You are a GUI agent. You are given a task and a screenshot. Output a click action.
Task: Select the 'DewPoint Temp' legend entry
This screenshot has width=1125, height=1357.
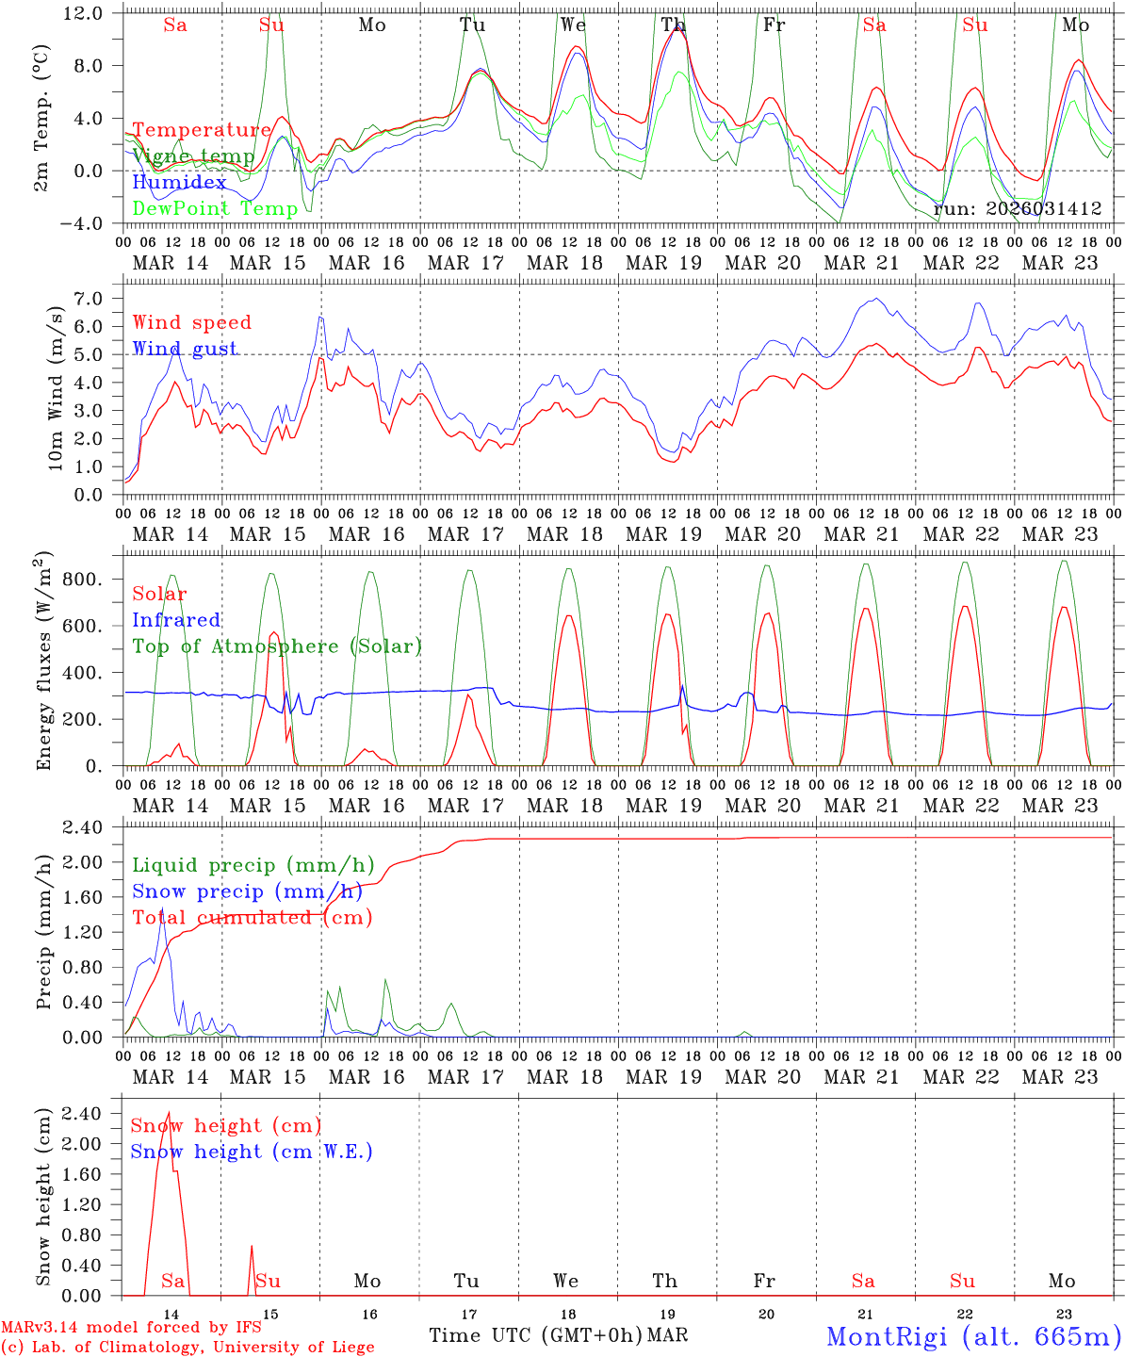pyautogui.click(x=215, y=208)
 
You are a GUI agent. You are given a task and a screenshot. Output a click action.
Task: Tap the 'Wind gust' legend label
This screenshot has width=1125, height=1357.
pyautogui.click(x=186, y=349)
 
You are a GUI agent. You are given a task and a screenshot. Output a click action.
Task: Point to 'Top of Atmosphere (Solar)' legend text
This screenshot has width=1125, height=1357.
pyautogui.click(x=277, y=646)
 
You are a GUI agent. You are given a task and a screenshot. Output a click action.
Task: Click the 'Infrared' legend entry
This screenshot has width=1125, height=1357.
pyautogui.click(x=176, y=620)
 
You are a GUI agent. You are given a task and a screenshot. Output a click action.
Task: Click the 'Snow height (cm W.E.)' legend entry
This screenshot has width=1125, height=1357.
pyautogui.click(x=252, y=1152)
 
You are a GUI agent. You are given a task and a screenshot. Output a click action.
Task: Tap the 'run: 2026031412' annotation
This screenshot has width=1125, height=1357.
pyautogui.click(x=1018, y=208)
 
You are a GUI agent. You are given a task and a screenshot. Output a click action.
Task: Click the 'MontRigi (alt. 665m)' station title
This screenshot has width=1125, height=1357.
pyautogui.click(x=973, y=1336)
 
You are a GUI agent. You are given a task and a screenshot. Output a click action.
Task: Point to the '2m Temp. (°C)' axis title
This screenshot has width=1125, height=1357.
pyautogui.click(x=42, y=118)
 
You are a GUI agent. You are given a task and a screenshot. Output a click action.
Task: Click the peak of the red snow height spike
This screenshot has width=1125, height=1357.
pyautogui.click(x=169, y=1113)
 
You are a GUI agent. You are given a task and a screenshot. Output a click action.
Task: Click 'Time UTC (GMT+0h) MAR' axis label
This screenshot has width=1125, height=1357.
pyautogui.click(x=558, y=1335)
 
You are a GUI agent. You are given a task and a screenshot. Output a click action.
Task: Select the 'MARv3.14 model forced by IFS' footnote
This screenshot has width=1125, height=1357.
pyautogui.click(x=131, y=1327)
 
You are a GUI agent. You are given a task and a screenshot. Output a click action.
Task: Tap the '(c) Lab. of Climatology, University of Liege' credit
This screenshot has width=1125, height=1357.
pyautogui.click(x=187, y=1347)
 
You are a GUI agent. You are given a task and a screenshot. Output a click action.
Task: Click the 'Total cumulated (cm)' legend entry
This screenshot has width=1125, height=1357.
pyautogui.click(x=253, y=918)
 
